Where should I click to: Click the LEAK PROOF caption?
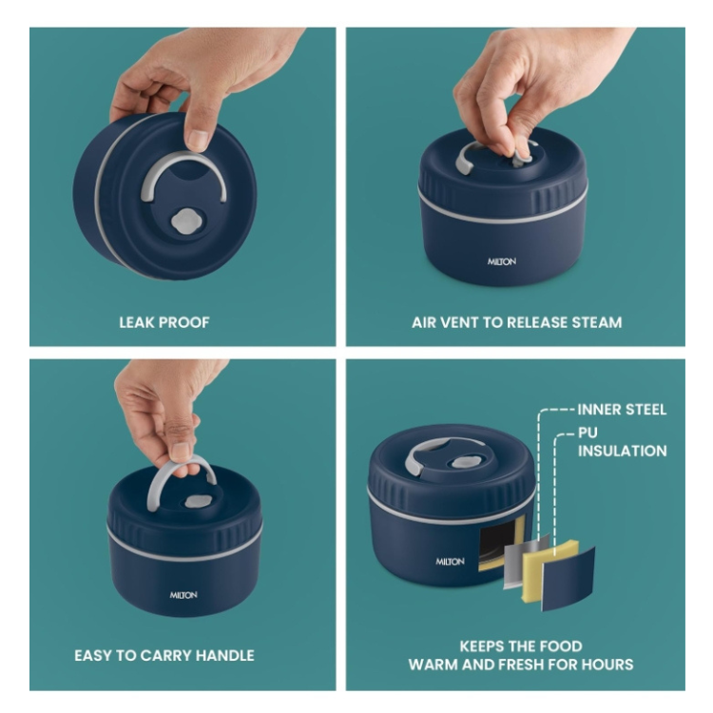click(x=164, y=322)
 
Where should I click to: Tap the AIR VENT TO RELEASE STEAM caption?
click(x=516, y=322)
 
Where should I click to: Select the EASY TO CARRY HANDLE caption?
click(x=164, y=655)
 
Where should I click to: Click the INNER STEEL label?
click(x=622, y=410)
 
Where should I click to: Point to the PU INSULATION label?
click(x=622, y=441)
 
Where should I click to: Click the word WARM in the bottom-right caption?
click(x=432, y=665)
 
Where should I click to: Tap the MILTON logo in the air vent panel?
click(x=502, y=261)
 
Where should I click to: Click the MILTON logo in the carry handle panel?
click(x=183, y=595)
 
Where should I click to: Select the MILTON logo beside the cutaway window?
click(x=451, y=562)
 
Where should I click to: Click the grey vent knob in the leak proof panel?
click(x=185, y=222)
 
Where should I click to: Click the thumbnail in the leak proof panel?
click(x=198, y=139)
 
